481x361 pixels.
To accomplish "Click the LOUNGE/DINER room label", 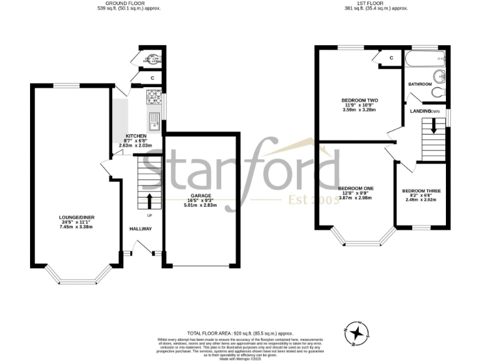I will (x=73, y=217).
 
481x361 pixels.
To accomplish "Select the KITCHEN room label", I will (x=136, y=136).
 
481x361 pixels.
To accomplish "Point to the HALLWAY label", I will (x=140, y=229).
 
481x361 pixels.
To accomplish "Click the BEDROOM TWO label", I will (x=359, y=100).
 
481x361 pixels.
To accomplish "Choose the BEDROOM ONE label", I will (x=356, y=188).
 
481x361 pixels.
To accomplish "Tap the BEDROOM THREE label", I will (x=420, y=191).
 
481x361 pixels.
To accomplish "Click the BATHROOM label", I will (x=420, y=84).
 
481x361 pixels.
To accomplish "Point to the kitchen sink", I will (x=153, y=118).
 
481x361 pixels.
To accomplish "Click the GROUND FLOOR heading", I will (x=120, y=3).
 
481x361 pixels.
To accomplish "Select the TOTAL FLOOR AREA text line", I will (x=240, y=333).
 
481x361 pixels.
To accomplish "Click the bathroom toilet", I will (x=437, y=92).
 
